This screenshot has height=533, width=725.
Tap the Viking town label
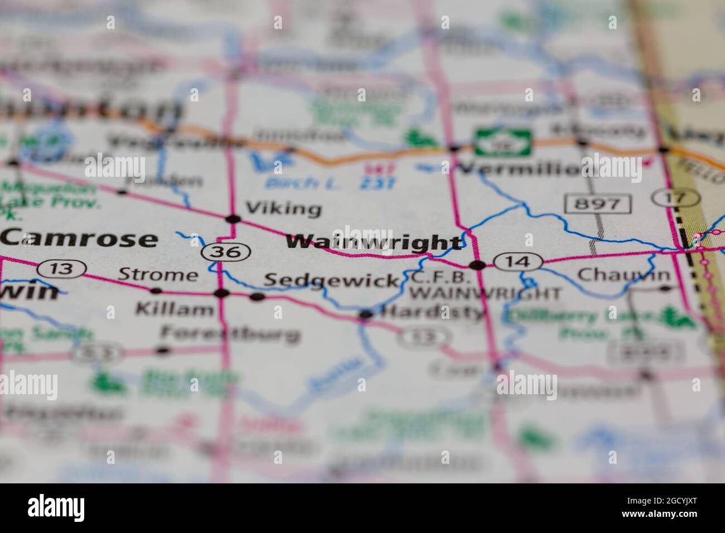pyautogui.click(x=283, y=209)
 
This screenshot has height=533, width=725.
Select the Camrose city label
pyautogui.click(x=79, y=239)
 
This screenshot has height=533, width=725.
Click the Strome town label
pyautogui.click(x=158, y=274)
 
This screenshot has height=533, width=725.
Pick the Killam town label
pyautogui.click(x=175, y=309)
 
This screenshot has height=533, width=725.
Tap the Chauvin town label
pyautogui.click(x=623, y=274)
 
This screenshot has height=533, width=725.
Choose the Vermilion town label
pyautogui.click(x=519, y=168)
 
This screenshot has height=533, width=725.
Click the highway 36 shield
pyautogui.click(x=225, y=252)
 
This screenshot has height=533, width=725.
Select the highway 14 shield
pyautogui.click(x=519, y=260)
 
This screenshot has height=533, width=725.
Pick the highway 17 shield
pyautogui.click(x=676, y=197)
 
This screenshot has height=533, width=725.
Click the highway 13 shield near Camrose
pyautogui.click(x=62, y=269)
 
